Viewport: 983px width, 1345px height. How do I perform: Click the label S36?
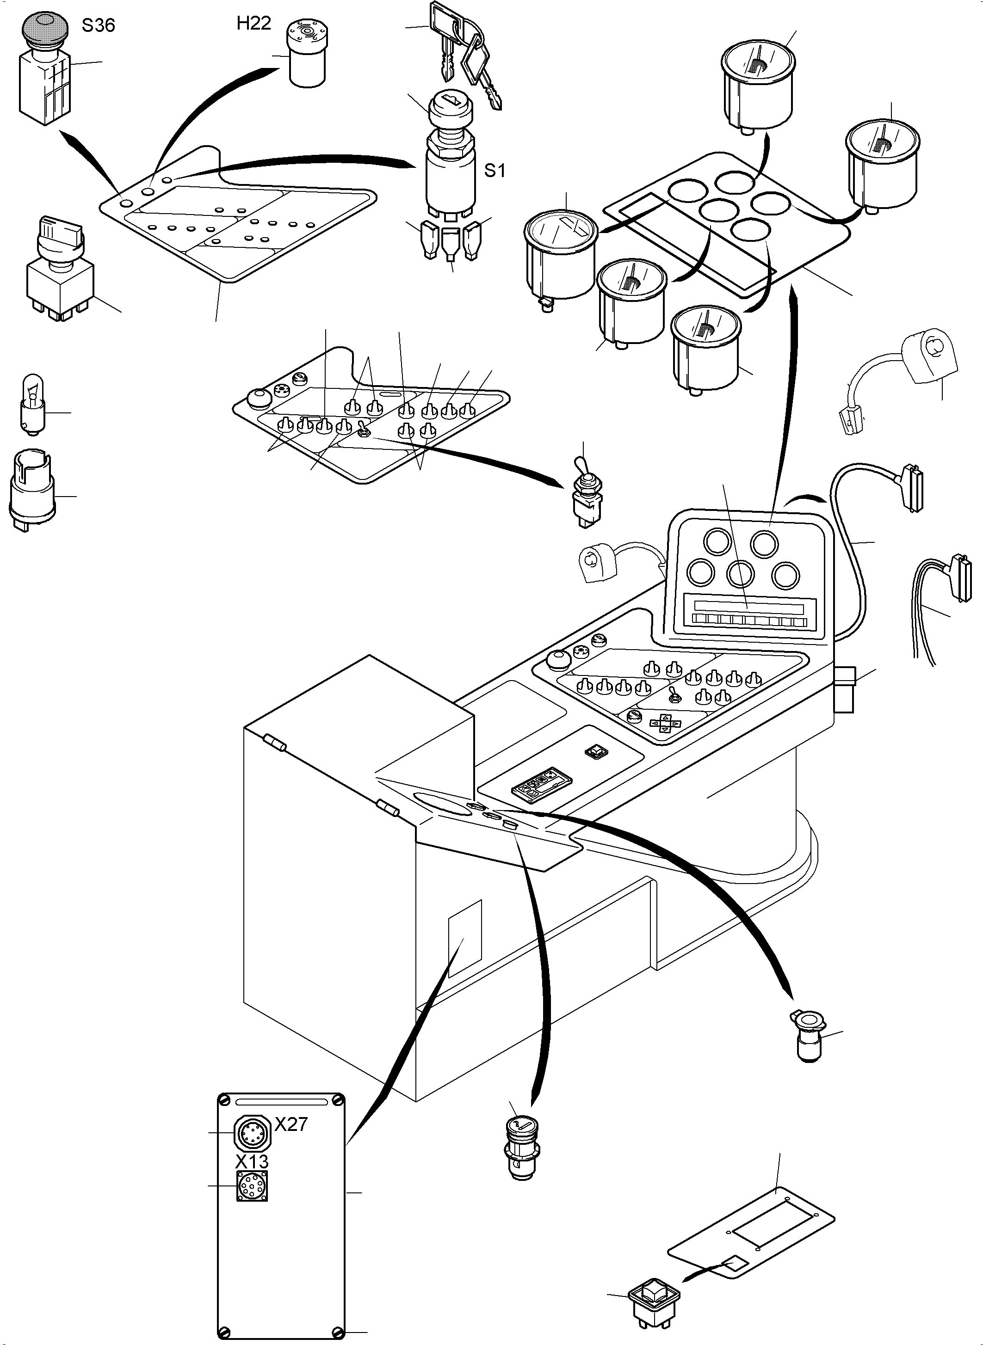98,25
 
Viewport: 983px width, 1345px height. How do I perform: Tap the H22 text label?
253,23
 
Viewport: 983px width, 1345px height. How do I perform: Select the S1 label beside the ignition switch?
495,171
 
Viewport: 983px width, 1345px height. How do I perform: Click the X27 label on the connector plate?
291,1124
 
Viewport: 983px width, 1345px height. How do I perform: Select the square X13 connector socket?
252,1186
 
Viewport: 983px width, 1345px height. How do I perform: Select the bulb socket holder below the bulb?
32,491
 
